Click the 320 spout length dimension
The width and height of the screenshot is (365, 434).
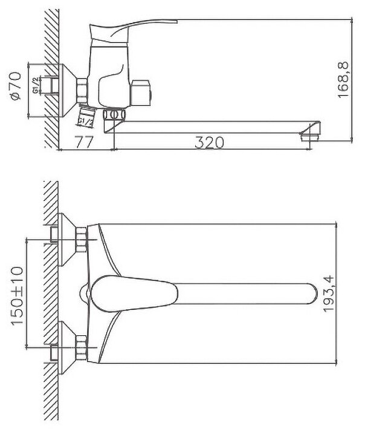coord(210,143)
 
